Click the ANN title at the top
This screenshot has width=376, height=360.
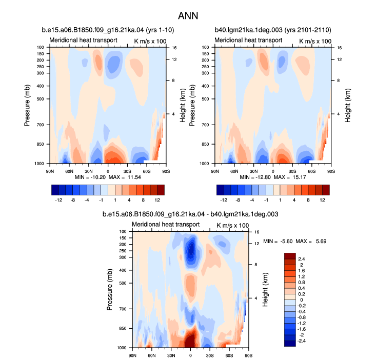pyautogui.click(x=188, y=16)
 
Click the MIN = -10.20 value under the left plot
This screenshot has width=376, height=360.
pyautogui.click(x=90, y=177)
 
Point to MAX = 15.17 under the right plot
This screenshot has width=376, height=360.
pyautogui.click(x=290, y=177)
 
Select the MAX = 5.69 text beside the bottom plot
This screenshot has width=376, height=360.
pyautogui.click(x=311, y=241)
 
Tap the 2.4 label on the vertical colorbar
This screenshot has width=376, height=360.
pyautogui.click(x=302, y=259)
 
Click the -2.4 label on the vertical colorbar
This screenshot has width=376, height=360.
pyautogui.click(x=301, y=341)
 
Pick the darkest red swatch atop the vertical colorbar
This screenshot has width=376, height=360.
pyautogui.click(x=290, y=256)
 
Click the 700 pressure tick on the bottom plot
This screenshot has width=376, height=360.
pyautogui.click(x=123, y=309)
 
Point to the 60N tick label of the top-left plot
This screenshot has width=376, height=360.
pyautogui.click(x=69, y=171)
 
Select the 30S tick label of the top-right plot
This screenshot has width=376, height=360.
pyautogui.click(x=292, y=171)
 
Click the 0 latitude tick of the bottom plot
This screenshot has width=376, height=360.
pyautogui.click(x=190, y=355)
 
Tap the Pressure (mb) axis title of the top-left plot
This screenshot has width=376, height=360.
pyautogui.click(x=27, y=105)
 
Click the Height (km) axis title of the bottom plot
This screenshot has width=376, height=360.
pyautogui.click(x=265, y=290)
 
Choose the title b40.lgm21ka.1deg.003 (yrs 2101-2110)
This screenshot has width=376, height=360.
pyautogui.click(x=273, y=30)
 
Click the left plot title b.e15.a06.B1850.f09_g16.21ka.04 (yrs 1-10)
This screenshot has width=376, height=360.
pyautogui.click(x=108, y=30)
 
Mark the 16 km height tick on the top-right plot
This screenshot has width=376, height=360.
pyautogui.click(x=339, y=48)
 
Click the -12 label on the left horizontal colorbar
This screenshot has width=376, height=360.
pyautogui.click(x=58, y=199)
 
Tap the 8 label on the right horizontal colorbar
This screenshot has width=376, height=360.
pyautogui.click(x=308, y=199)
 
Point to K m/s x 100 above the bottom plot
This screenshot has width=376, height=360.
pyautogui.click(x=232, y=225)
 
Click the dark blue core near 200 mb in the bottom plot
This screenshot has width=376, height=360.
pyautogui.click(x=191, y=249)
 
